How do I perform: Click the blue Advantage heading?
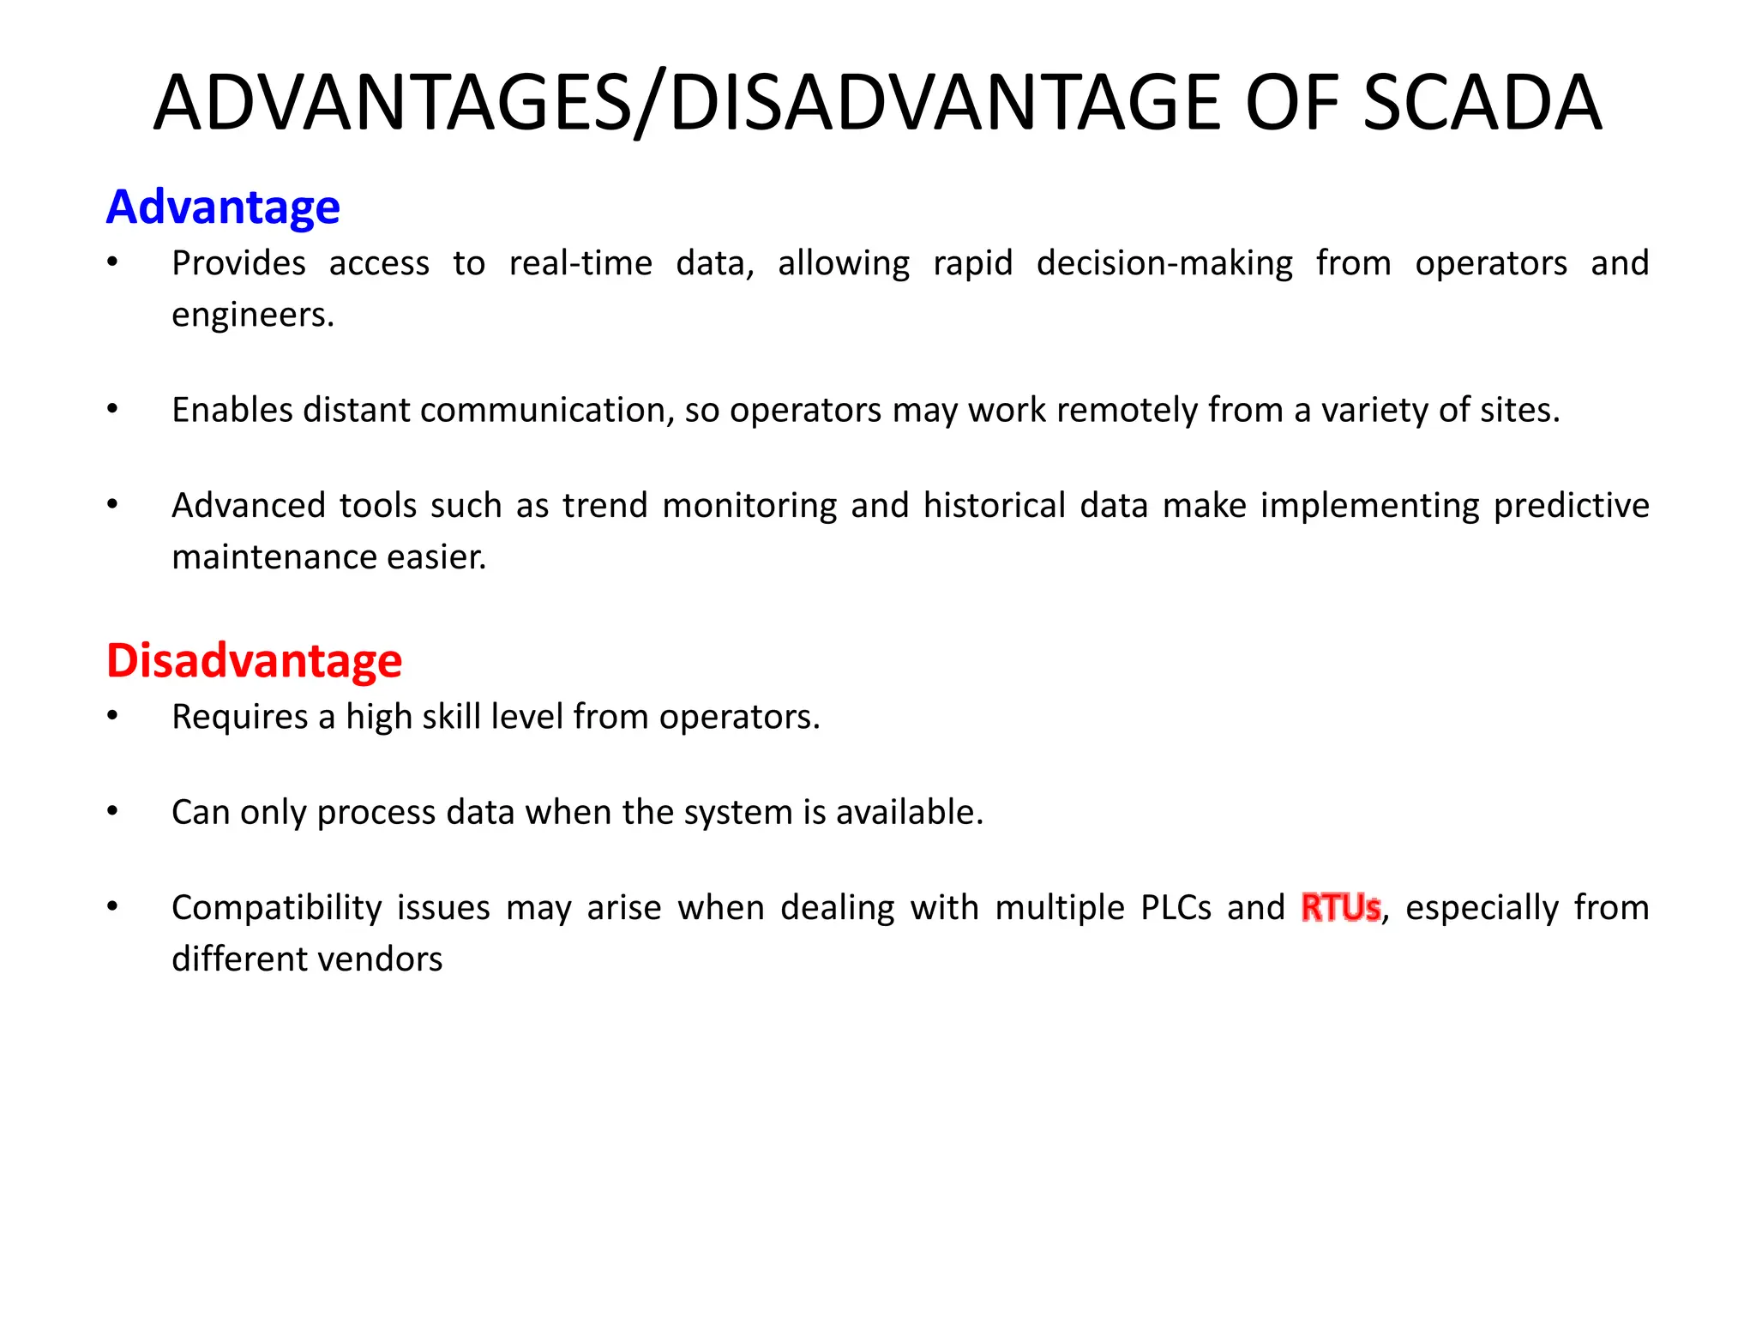click(x=223, y=207)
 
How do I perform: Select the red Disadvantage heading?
click(x=254, y=661)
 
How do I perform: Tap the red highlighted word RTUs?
click(x=1340, y=907)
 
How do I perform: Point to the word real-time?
click(x=580, y=263)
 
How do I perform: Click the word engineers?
click(x=252, y=316)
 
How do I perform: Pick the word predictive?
click(x=1571, y=506)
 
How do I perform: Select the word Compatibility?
click(x=276, y=908)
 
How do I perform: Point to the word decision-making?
click(x=1164, y=263)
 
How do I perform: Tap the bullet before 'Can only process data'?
click(x=112, y=811)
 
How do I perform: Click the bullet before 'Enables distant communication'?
click(x=112, y=409)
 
